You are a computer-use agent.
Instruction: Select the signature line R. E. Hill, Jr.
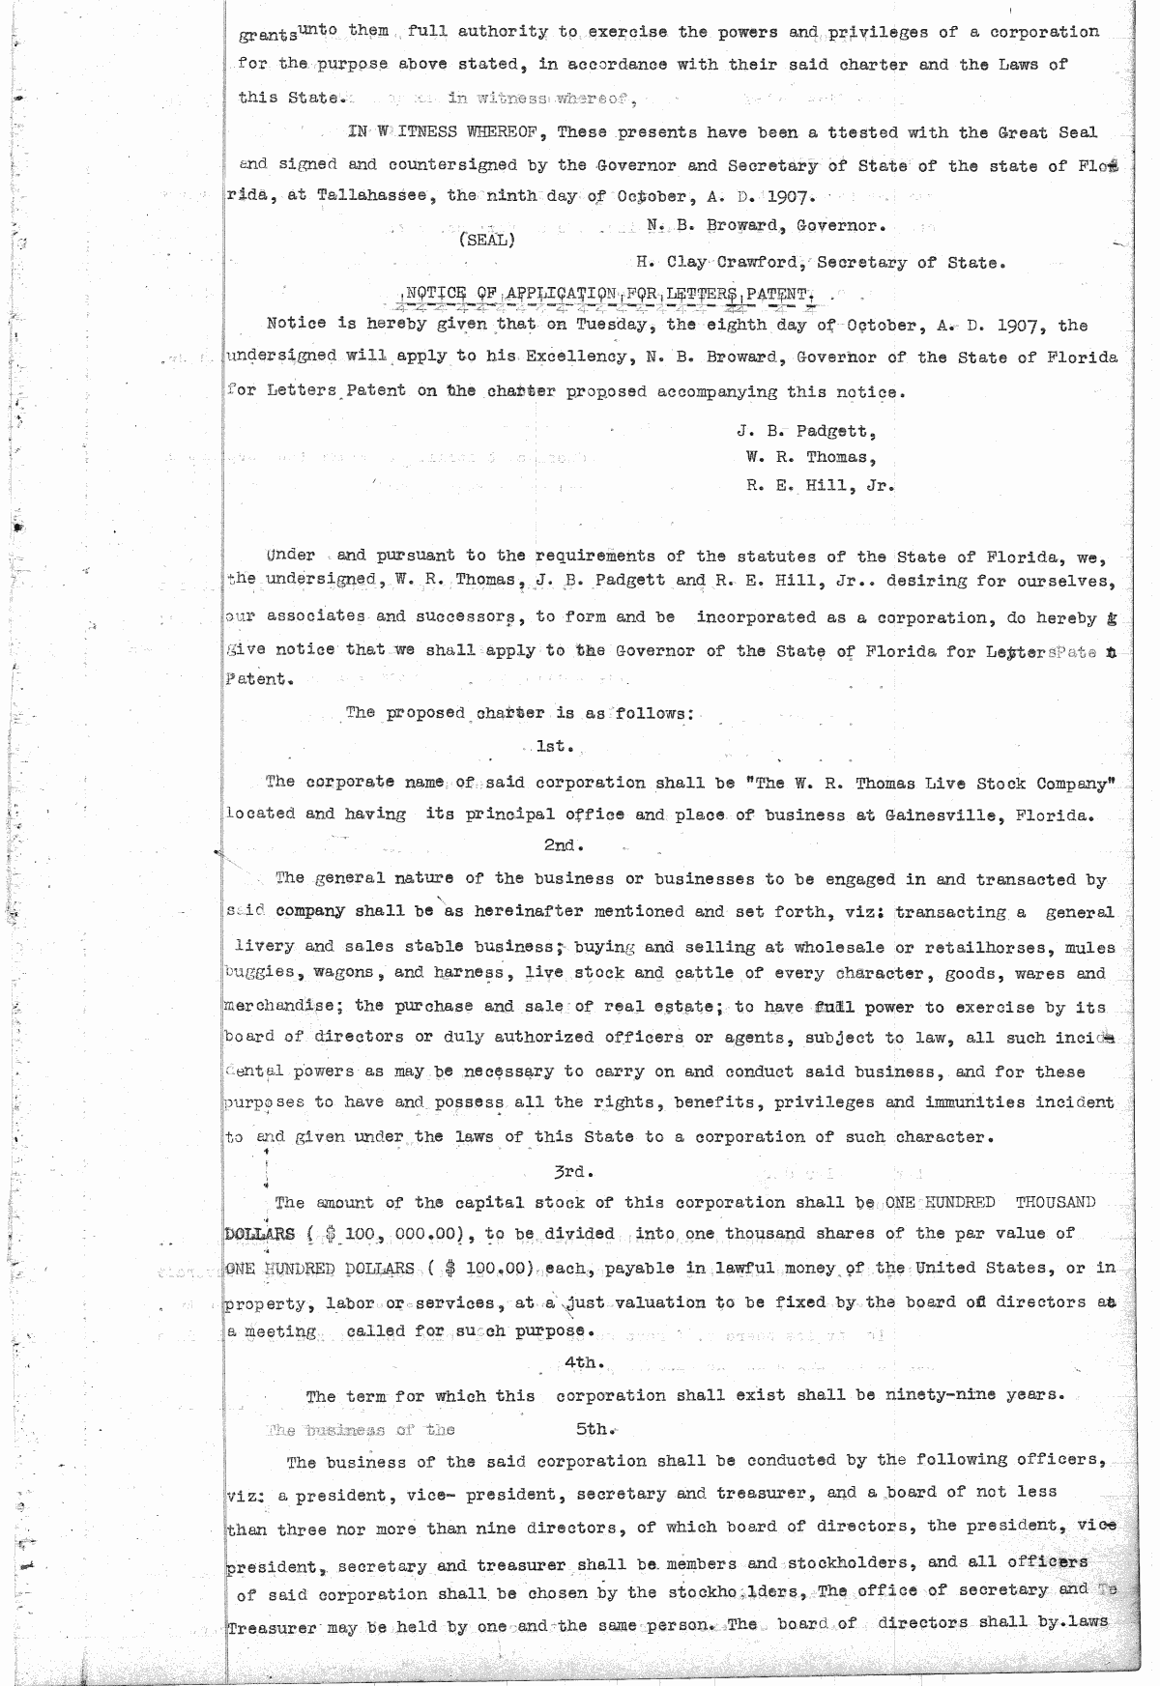[x=820, y=487]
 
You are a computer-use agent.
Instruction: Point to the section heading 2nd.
[x=562, y=845]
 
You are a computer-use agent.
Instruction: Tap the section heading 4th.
[x=584, y=1362]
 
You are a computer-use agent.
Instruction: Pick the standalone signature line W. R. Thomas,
[x=811, y=457]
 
